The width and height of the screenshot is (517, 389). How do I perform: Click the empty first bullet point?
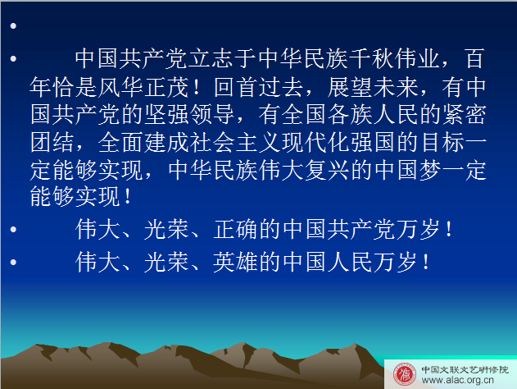[x=13, y=25]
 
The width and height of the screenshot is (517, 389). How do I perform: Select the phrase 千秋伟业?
[x=394, y=59]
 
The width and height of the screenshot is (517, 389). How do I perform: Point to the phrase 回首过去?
[x=259, y=88]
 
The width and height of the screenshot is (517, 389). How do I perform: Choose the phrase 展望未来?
[x=373, y=88]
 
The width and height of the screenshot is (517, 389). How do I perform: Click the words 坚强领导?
[x=189, y=115]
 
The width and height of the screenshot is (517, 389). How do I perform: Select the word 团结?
[x=52, y=143]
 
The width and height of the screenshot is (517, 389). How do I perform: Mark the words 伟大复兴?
[x=304, y=171]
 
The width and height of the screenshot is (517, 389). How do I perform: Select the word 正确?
[x=235, y=229]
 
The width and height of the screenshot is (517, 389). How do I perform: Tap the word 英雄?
[x=235, y=262]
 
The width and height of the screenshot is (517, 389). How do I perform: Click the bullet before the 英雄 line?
[x=13, y=262]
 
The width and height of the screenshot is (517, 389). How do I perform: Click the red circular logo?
[x=405, y=374]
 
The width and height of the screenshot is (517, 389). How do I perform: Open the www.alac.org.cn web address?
[x=458, y=380]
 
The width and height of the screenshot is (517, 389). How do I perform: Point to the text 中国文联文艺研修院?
[x=465, y=369]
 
